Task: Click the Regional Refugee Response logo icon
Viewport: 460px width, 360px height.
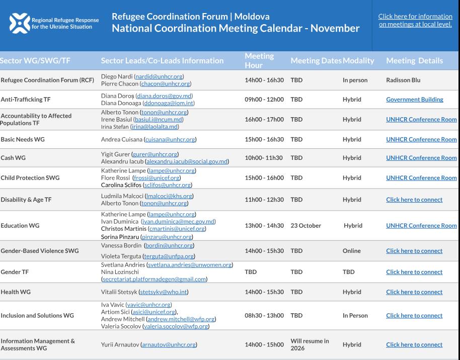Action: pos(20,23)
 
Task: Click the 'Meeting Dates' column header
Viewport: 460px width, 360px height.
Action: pos(316,61)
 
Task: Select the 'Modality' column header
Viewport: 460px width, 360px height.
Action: pos(358,61)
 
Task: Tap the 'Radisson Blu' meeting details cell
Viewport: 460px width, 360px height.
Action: pos(403,80)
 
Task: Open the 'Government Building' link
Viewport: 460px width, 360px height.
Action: pos(414,100)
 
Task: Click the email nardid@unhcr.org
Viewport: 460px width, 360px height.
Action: pos(159,76)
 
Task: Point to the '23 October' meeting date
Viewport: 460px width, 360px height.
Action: pos(305,226)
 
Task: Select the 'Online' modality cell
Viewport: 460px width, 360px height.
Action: pos(351,251)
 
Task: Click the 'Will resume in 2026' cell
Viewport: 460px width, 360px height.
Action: pos(310,344)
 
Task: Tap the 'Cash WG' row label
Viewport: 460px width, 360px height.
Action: pos(13,158)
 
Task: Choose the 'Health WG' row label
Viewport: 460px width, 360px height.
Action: pos(16,292)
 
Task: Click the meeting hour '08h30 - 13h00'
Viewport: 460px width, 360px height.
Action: pos(264,316)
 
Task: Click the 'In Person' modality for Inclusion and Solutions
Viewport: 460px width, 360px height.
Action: pos(355,316)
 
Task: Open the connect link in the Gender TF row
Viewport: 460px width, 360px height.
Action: pos(414,272)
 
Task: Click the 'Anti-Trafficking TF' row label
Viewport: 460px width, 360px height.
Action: pos(26,100)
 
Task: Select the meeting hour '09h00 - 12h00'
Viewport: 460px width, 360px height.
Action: pos(264,100)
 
